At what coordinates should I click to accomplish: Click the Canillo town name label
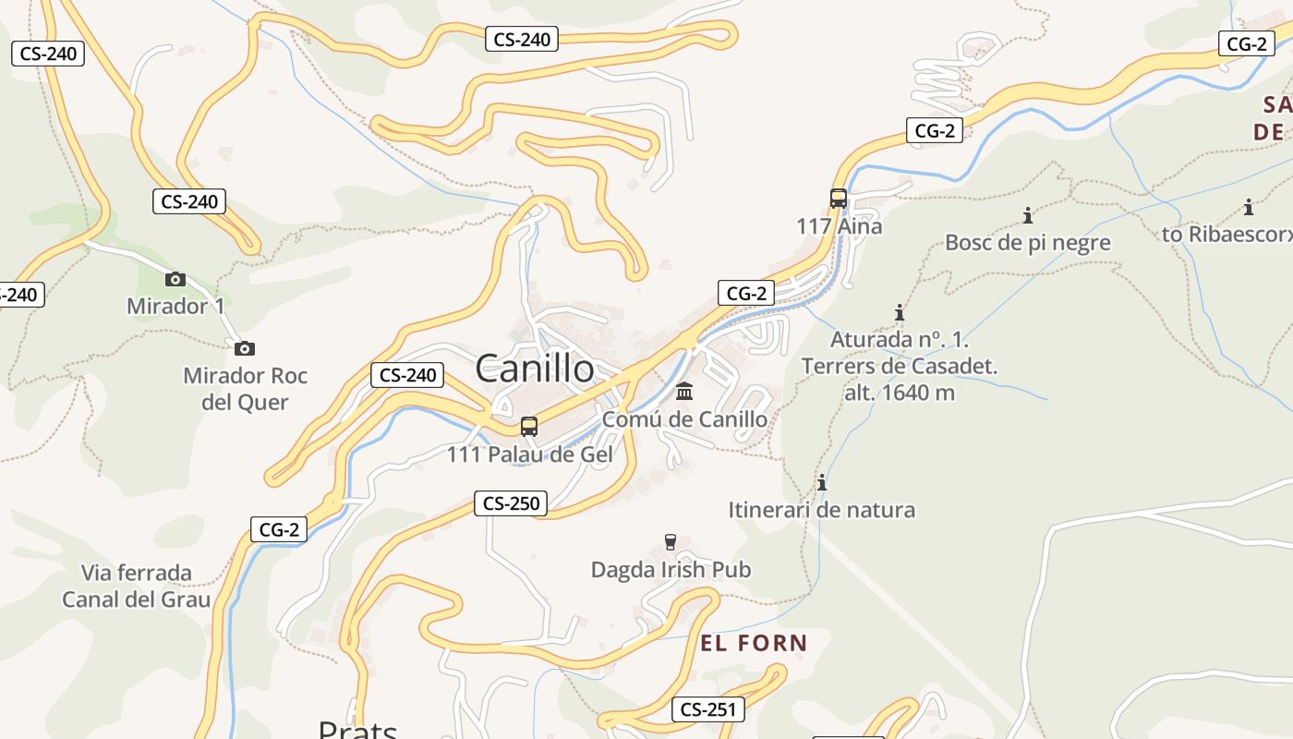click(535, 369)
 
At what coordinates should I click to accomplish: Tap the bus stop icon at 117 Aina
click(838, 199)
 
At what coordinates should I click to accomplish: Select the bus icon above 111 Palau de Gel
click(529, 427)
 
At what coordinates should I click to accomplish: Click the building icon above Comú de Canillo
click(684, 392)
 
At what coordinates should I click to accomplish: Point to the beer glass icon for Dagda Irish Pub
click(671, 541)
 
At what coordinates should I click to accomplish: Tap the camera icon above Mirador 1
click(175, 279)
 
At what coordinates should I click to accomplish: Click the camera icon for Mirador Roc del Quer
click(244, 348)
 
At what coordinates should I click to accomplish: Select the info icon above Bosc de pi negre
click(1027, 216)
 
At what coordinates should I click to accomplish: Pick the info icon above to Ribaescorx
click(1249, 207)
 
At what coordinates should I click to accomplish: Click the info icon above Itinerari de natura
click(822, 482)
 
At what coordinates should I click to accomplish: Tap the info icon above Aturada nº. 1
click(899, 312)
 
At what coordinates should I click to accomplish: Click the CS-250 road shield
click(511, 503)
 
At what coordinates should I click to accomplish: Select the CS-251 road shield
click(707, 709)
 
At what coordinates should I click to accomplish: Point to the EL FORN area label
click(754, 643)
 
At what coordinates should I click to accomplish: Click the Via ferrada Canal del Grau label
click(137, 586)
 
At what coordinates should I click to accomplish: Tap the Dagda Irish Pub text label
click(671, 570)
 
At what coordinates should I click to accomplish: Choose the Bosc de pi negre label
click(1027, 243)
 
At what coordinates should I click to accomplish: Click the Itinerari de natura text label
click(822, 510)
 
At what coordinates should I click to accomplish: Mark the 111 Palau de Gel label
click(529, 454)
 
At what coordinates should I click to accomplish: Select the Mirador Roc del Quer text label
click(245, 389)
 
